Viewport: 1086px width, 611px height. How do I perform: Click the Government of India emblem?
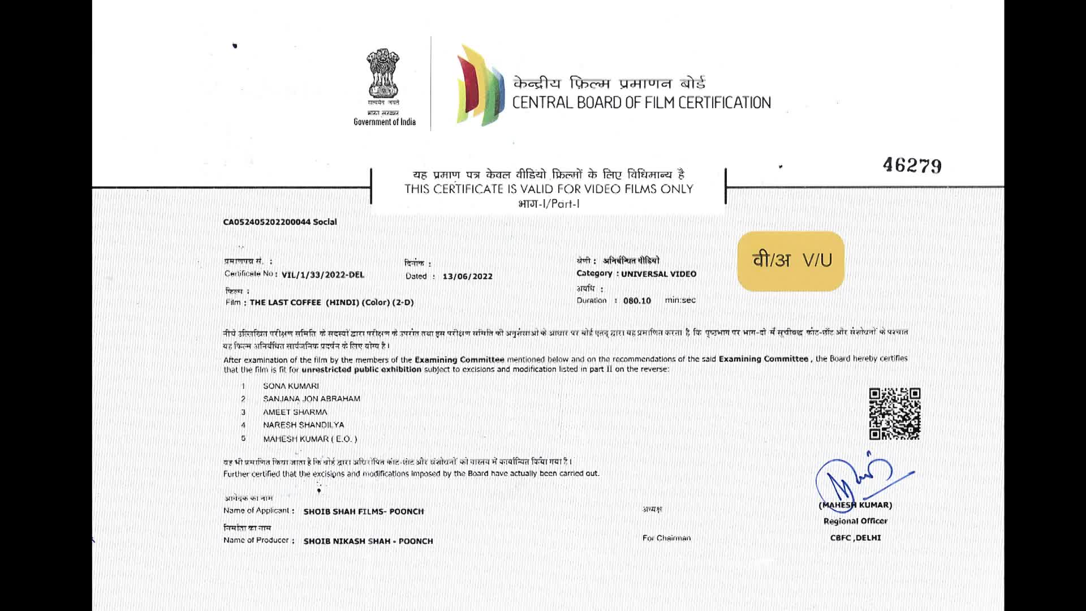pyautogui.click(x=383, y=74)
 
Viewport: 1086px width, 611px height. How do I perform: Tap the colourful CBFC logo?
pyautogui.click(x=480, y=85)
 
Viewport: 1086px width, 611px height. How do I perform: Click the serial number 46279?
pyautogui.click(x=912, y=165)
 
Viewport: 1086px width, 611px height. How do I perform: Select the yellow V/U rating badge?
pyautogui.click(x=791, y=261)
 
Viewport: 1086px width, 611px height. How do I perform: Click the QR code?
pyautogui.click(x=894, y=414)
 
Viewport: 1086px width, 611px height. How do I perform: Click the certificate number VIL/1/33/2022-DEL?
pyautogui.click(x=322, y=275)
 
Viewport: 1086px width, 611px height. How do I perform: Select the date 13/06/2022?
pyautogui.click(x=467, y=276)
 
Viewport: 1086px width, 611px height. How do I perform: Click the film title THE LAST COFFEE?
pyautogui.click(x=285, y=302)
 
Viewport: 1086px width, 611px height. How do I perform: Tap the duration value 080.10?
pyautogui.click(x=637, y=300)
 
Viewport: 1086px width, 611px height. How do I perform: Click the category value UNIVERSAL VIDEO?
pyautogui.click(x=658, y=274)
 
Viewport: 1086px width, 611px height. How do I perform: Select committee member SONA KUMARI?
pyautogui.click(x=291, y=386)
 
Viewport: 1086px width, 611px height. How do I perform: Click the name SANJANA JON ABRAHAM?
pyautogui.click(x=311, y=398)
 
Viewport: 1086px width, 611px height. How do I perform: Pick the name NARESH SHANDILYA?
pyautogui.click(x=303, y=425)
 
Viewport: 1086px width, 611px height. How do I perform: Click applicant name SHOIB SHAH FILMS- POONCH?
pyautogui.click(x=363, y=511)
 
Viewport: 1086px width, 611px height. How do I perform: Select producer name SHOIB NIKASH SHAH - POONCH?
pyautogui.click(x=368, y=541)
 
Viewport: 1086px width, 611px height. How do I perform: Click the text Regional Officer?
pyautogui.click(x=855, y=521)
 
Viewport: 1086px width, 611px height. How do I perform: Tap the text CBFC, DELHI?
pyautogui.click(x=855, y=538)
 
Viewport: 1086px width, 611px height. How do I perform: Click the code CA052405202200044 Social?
pyautogui.click(x=279, y=222)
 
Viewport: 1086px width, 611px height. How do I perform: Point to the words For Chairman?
pyautogui.click(x=666, y=538)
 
